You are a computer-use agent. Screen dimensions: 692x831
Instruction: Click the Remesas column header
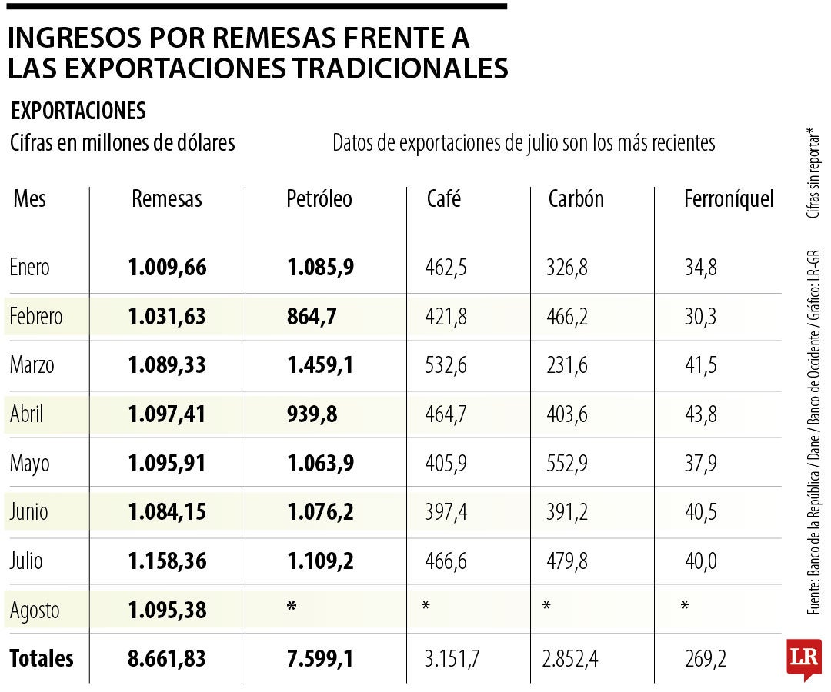pos(166,199)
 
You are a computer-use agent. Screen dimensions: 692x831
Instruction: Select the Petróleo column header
pos(319,199)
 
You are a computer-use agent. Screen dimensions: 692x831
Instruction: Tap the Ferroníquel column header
pos(728,200)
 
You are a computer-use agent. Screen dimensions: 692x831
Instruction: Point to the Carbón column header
pos(576,199)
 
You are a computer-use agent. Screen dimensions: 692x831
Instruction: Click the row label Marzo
pos(32,365)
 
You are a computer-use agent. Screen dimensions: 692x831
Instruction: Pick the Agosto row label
pos(35,610)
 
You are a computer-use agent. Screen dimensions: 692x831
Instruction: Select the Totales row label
pos(42,659)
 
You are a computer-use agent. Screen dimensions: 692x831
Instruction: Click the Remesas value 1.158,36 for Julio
pos(167,561)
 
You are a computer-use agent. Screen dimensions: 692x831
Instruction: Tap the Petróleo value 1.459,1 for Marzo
pos(320,365)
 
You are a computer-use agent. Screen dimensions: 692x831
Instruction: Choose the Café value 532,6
pos(446,365)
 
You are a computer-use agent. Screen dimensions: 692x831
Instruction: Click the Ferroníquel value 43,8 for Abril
pos(700,414)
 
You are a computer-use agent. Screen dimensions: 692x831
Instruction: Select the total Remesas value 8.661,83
pos(167,659)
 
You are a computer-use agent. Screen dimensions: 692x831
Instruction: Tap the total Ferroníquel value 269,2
pos(705,659)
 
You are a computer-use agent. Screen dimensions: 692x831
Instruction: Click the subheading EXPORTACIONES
pos(78,111)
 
